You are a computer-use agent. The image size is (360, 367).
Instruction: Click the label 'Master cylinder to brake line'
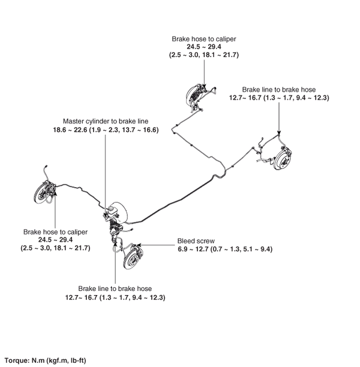click(105, 121)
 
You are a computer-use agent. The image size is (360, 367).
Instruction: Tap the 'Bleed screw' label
click(191, 241)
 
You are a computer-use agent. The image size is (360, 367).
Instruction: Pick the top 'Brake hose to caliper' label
click(203, 38)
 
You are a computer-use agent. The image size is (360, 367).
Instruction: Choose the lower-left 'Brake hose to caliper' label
click(56, 231)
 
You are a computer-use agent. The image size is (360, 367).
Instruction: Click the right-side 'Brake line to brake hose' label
click(280, 88)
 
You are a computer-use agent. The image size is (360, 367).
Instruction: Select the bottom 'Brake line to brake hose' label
click(115, 288)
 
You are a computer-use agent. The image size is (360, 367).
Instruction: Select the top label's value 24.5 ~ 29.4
click(204, 46)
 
